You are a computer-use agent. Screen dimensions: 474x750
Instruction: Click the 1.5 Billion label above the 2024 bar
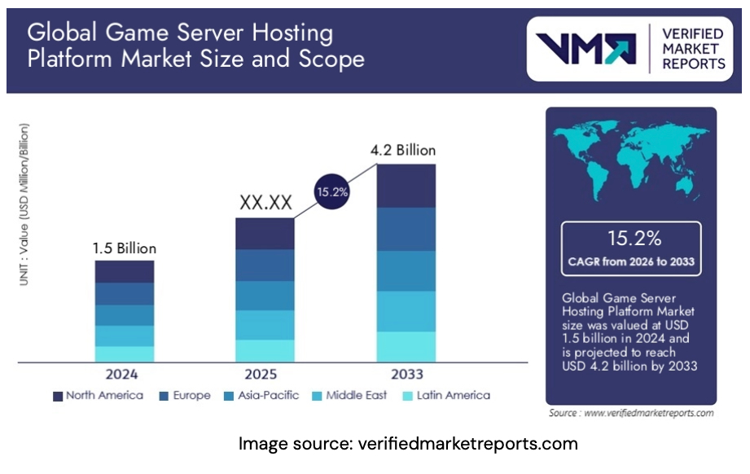pyautogui.click(x=124, y=248)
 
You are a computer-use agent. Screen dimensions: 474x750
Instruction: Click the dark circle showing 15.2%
pyautogui.click(x=331, y=192)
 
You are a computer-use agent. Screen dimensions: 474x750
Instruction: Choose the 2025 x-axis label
pyautogui.click(x=265, y=375)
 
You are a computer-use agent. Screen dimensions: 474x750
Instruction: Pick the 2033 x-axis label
pyautogui.click(x=406, y=375)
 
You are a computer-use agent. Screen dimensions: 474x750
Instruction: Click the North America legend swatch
pyautogui.click(x=58, y=396)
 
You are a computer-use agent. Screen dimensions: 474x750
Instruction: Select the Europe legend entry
pyautogui.click(x=186, y=396)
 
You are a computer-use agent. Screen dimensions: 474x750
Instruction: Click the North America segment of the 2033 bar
pyautogui.click(x=406, y=186)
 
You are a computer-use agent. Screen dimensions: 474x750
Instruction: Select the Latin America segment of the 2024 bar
pyautogui.click(x=124, y=353)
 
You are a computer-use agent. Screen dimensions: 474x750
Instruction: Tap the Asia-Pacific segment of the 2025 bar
pyautogui.click(x=265, y=296)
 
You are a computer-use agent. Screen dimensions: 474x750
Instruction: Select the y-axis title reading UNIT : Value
pyautogui.click(x=24, y=204)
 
